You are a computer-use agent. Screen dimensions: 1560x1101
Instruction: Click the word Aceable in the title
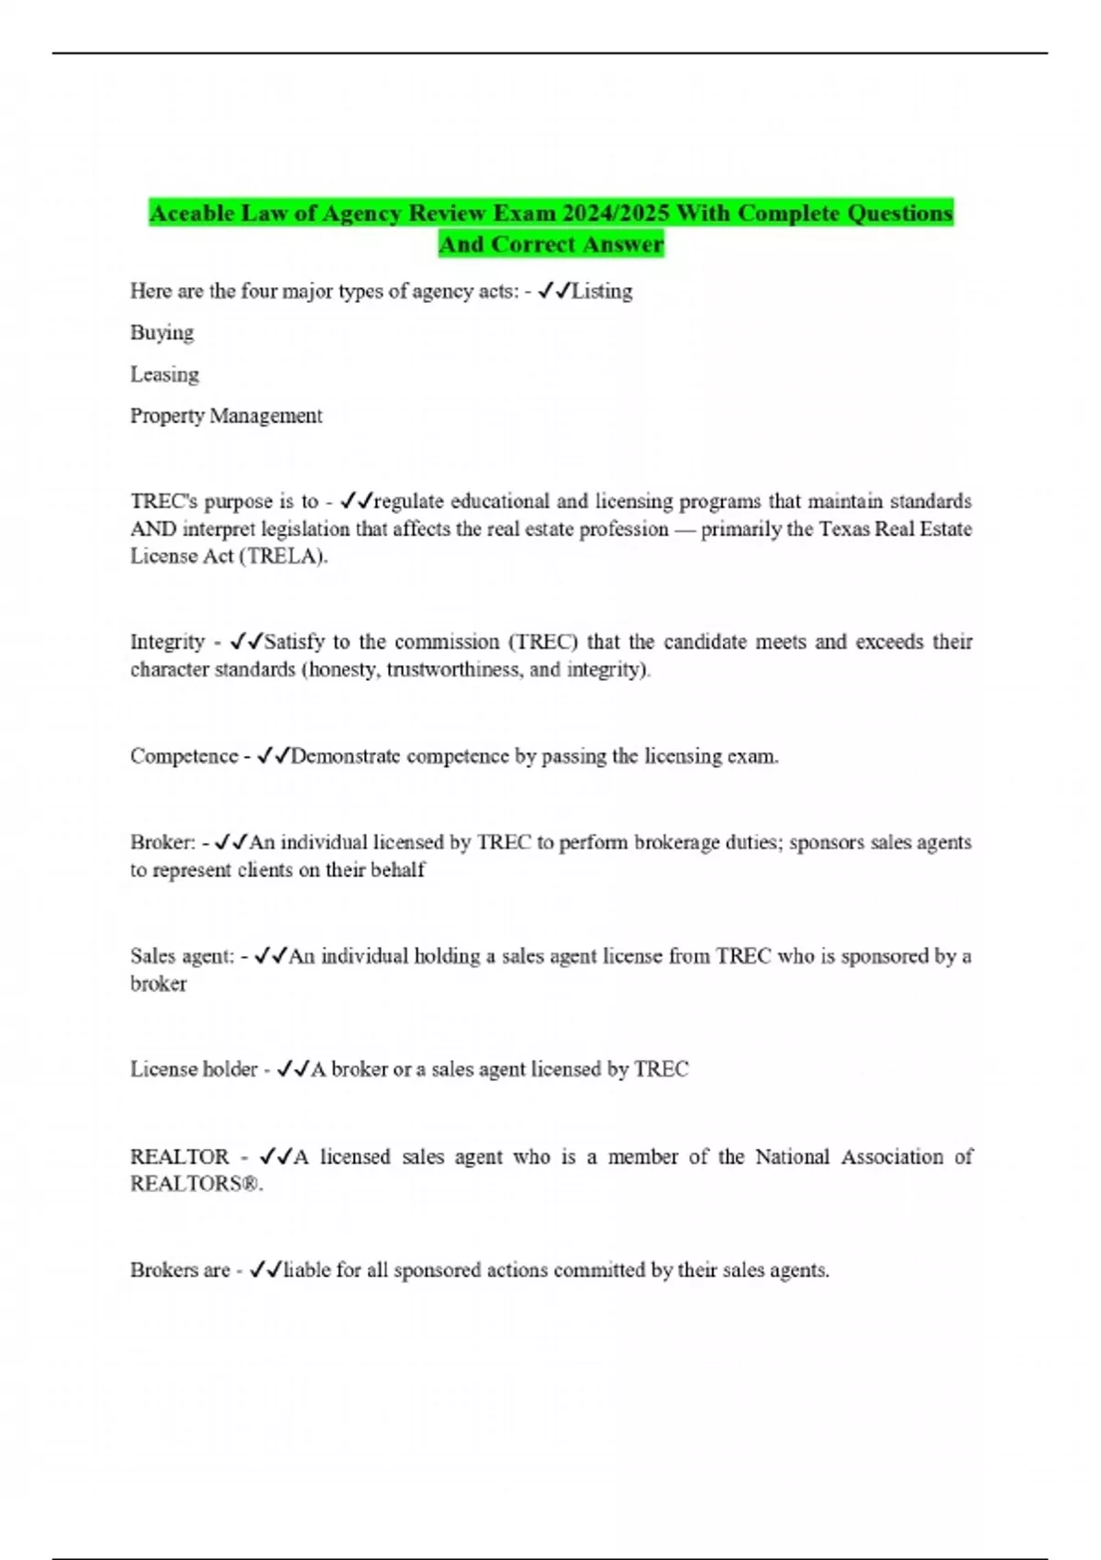(x=192, y=214)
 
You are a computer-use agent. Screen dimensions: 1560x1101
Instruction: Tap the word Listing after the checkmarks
(x=602, y=291)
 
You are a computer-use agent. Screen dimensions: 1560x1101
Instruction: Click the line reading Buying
(x=161, y=333)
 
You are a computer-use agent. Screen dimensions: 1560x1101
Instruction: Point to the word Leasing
(x=164, y=374)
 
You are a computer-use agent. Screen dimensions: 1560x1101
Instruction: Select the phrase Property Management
(x=226, y=416)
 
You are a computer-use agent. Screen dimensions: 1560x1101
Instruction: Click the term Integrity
(x=167, y=641)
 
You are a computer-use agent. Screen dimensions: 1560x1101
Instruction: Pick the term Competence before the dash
(x=183, y=756)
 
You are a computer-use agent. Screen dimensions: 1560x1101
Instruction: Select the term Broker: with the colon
(x=162, y=842)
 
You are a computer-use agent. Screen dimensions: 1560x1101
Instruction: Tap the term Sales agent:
(x=182, y=956)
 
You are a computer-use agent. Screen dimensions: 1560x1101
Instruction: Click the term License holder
(x=194, y=1069)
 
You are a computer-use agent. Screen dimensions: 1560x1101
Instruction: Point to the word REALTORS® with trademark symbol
(x=195, y=1184)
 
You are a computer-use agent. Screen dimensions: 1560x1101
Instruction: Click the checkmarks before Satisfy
(x=247, y=641)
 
